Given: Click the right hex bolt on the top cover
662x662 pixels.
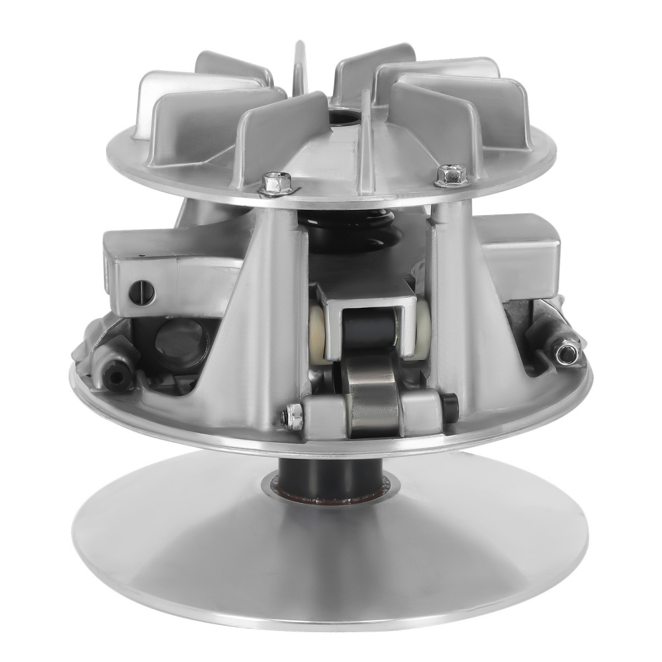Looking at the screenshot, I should point(451,175).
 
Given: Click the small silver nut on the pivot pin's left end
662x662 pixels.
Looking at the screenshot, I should point(293,416).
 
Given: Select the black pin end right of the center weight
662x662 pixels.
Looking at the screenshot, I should point(450,408).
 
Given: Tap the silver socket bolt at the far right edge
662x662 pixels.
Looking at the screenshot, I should point(565,352).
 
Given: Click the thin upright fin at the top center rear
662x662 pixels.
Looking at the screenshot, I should point(300,73).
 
